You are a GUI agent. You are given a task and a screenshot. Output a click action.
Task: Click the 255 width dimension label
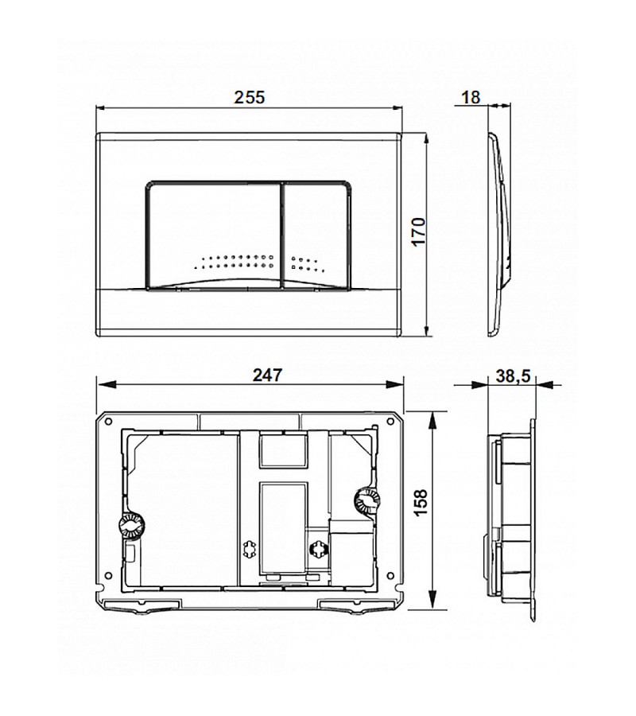[x=249, y=96]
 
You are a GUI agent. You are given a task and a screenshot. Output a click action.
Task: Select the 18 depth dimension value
[x=471, y=97]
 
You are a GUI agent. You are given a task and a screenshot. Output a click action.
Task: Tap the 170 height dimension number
[x=420, y=232]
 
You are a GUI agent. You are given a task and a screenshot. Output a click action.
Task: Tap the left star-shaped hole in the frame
[x=248, y=550]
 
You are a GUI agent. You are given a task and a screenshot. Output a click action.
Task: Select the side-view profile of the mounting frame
[x=513, y=517]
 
